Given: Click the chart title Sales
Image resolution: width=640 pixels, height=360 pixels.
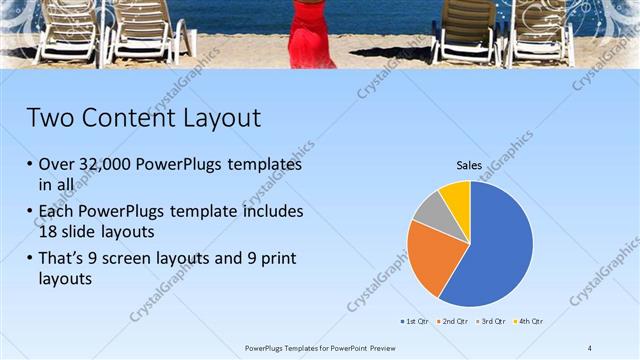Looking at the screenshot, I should pos(469,165).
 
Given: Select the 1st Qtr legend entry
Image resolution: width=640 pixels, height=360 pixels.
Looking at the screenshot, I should pos(415,321).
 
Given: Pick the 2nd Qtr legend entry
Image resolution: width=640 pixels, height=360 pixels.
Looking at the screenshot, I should pos(452,321).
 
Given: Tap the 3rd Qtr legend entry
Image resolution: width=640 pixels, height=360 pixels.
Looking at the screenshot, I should pos(489,321).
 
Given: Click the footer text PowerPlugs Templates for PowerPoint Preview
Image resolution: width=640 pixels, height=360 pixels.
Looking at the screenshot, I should pos(320,347).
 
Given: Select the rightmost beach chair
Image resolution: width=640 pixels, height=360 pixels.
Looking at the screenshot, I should pos(541,32).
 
